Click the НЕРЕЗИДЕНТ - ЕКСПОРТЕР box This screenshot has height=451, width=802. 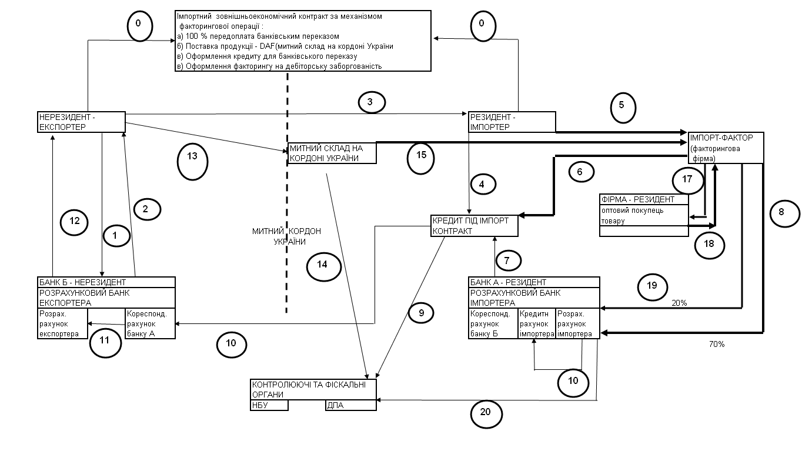[81, 122]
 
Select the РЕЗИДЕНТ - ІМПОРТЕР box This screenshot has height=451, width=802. [512, 122]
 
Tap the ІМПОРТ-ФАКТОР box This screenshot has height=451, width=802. [726, 148]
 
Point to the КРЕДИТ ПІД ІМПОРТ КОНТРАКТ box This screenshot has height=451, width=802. [474, 226]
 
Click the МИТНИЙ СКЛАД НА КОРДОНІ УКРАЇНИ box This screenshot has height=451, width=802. [332, 153]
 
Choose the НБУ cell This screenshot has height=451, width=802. [269, 405]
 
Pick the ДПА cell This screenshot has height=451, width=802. [350, 405]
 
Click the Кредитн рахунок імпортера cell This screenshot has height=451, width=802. [536, 323]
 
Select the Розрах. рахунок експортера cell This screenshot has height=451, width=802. [62, 323]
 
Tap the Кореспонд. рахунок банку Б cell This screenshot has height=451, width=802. [493, 323]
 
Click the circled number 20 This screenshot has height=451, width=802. [486, 413]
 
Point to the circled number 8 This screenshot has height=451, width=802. [781, 212]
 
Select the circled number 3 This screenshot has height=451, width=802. [371, 102]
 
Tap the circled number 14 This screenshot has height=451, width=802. [324, 265]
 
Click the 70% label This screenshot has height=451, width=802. [717, 345]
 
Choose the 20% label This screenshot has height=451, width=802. [679, 303]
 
